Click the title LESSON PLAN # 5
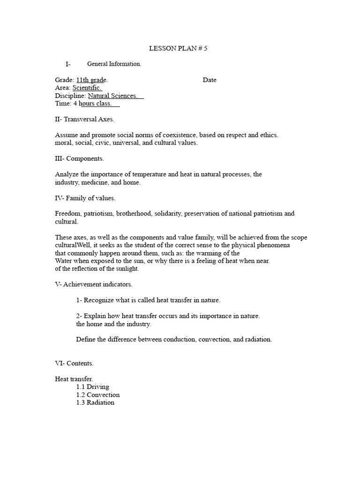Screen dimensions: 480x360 [178, 48]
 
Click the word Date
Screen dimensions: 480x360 [210, 80]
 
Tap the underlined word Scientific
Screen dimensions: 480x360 [87, 88]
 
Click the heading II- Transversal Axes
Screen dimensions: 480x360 [84, 120]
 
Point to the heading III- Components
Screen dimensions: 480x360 [80, 159]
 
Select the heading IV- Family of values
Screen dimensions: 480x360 [85, 198]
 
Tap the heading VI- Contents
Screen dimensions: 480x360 [74, 363]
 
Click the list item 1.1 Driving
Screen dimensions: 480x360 [93, 387]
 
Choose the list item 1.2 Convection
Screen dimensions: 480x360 [98, 395]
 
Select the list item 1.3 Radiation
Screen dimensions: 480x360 [95, 403]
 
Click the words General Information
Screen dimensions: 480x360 [114, 64]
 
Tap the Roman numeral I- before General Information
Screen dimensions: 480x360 [68, 64]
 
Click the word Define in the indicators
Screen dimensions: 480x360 [85, 339]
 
